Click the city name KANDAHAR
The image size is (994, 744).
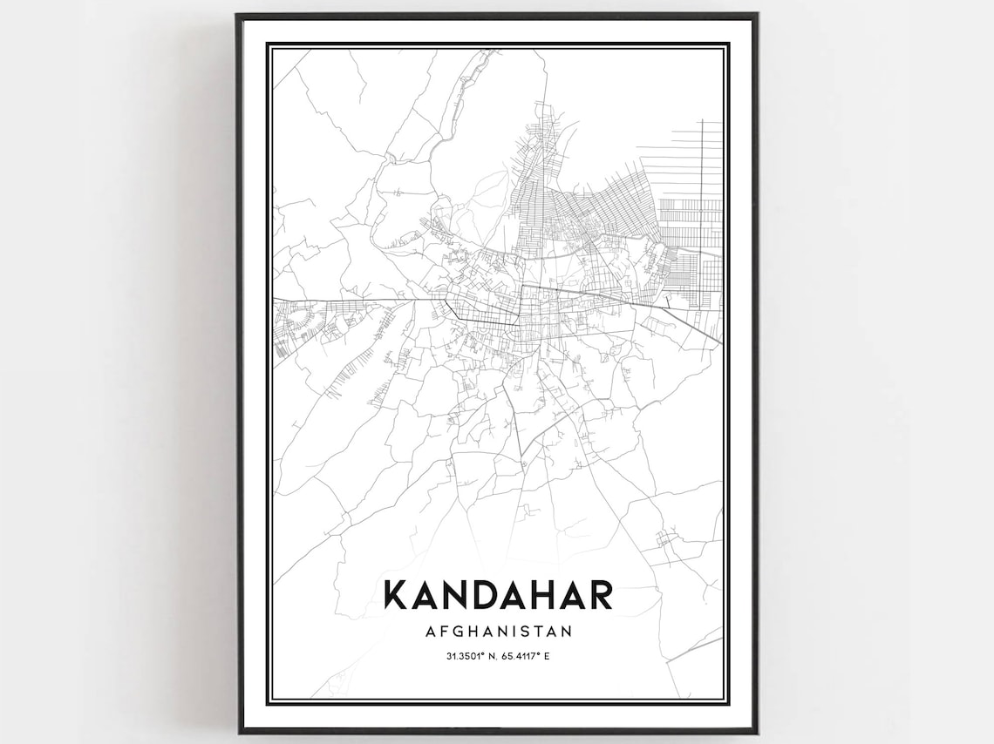coord(498,595)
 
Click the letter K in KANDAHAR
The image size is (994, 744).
coord(395,595)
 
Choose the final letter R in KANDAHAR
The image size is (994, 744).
coord(601,595)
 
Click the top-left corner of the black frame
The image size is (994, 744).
coord(238,15)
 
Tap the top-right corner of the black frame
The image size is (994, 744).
coord(757,15)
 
